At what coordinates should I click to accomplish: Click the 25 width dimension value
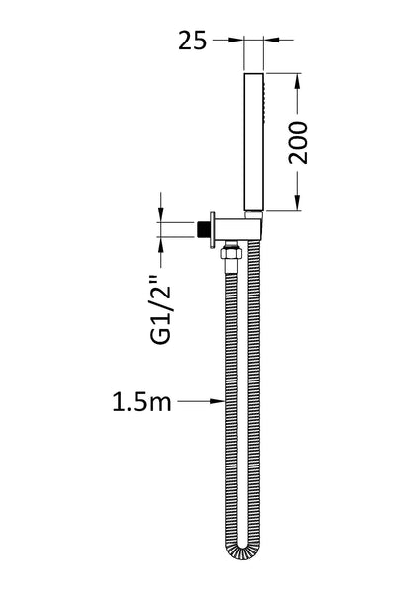(x=194, y=41)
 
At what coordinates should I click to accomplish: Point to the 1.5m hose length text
(x=141, y=401)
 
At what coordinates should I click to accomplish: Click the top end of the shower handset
(x=254, y=73)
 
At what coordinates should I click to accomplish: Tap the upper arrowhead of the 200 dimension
(x=296, y=76)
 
